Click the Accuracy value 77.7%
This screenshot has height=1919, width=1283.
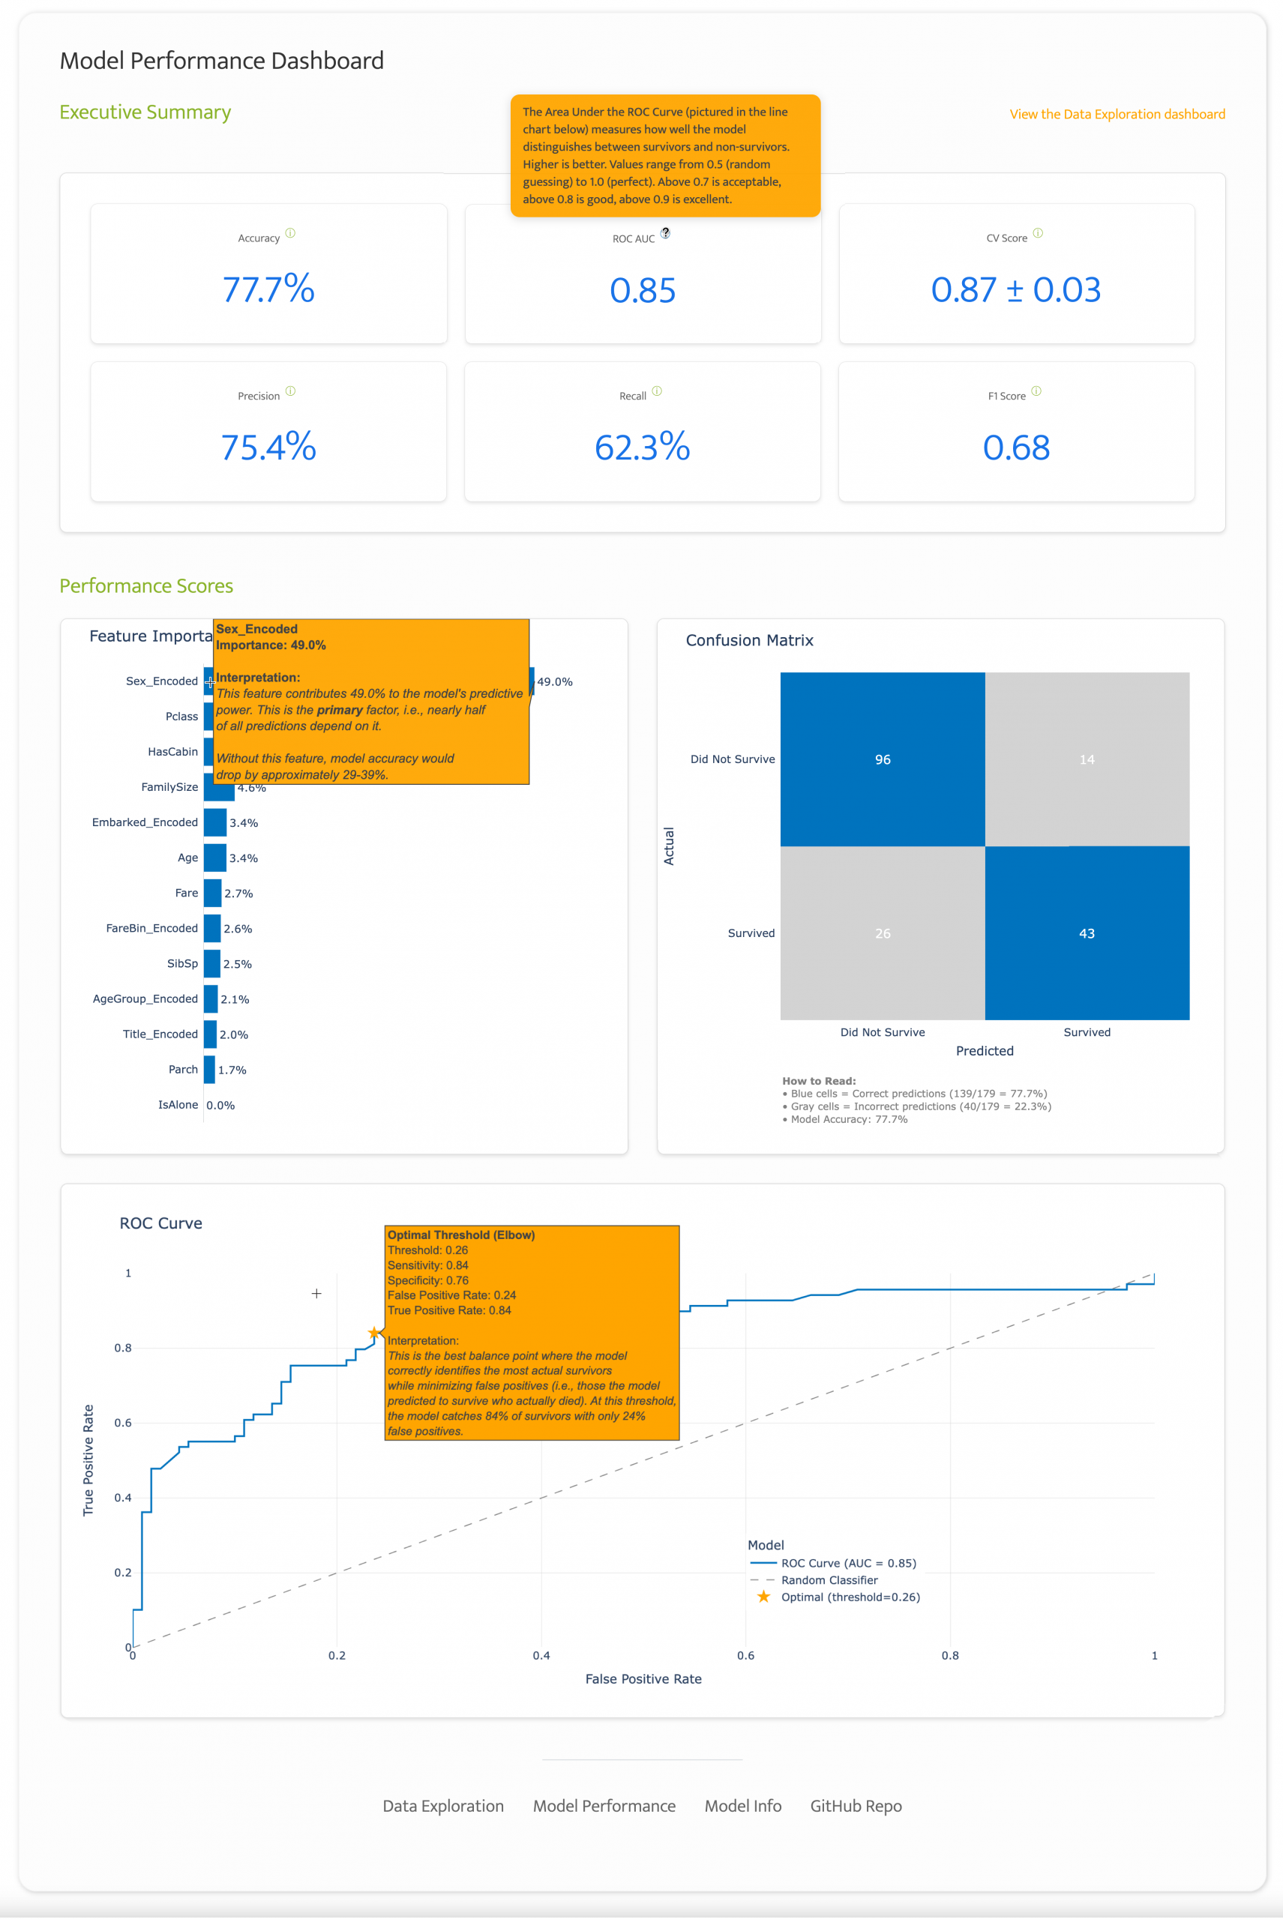[x=268, y=289]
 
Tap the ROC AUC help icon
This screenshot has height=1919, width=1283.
[x=665, y=233]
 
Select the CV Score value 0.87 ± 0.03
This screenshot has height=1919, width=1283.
[x=1015, y=289]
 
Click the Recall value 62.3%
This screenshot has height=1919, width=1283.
[x=643, y=448]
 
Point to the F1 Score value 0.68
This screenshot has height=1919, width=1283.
[x=1015, y=448]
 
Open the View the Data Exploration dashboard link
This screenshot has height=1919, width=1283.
[x=1116, y=115]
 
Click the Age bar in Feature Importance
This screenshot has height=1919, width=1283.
[x=215, y=858]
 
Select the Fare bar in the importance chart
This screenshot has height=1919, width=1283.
[x=213, y=893]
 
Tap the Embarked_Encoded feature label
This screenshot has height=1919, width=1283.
[x=145, y=822]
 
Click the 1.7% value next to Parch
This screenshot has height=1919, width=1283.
[x=232, y=1070]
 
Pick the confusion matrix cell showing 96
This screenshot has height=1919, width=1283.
[x=882, y=759]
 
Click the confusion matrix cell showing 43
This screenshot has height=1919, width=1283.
[x=1087, y=933]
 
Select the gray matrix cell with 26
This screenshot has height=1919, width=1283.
[x=882, y=933]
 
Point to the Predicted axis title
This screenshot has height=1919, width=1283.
[x=985, y=1051]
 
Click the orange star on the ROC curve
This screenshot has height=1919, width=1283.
[x=374, y=1334]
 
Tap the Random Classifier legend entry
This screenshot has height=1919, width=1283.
[x=829, y=1580]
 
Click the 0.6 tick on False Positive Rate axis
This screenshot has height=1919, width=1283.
[x=745, y=1656]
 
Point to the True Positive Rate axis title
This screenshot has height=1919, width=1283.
[x=88, y=1460]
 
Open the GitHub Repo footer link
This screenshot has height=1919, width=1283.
[x=856, y=1806]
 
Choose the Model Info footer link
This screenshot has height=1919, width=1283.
[x=743, y=1806]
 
